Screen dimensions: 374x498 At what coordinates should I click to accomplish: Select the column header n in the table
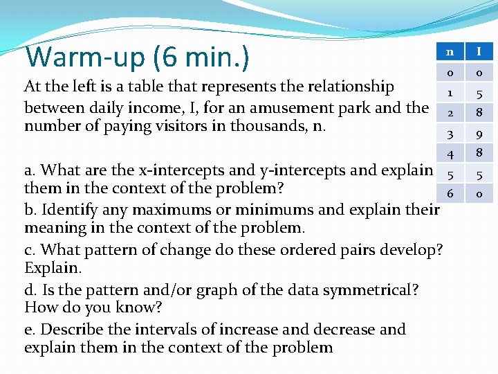tap(450, 51)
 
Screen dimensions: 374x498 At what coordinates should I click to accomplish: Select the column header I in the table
tap(479, 51)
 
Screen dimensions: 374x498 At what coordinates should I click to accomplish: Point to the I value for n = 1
tap(479, 91)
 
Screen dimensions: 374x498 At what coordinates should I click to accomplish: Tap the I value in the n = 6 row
tap(479, 195)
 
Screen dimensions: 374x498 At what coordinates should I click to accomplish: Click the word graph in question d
tap(216, 289)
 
